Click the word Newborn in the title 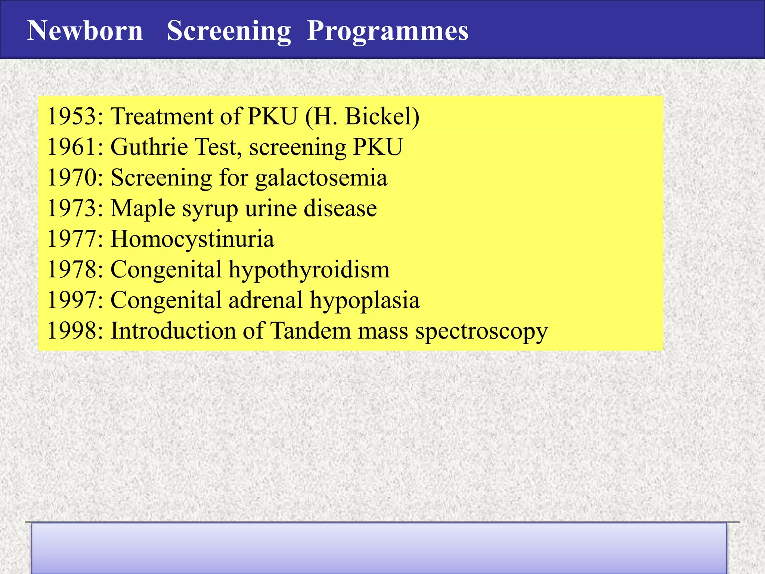[x=85, y=31]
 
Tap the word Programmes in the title [x=387, y=31]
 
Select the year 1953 [x=71, y=116]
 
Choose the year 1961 [x=71, y=147]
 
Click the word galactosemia [x=321, y=178]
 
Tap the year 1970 [x=71, y=178]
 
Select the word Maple [x=143, y=209]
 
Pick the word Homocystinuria [x=192, y=239]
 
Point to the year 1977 [x=71, y=239]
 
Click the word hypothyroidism [x=309, y=270]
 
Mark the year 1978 [x=71, y=269]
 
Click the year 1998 [x=71, y=331]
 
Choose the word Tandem [x=310, y=331]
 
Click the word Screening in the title [x=229, y=31]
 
